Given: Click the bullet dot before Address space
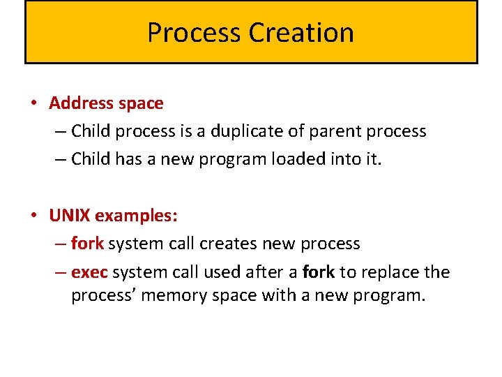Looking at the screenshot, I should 33,103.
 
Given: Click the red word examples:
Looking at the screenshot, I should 137,216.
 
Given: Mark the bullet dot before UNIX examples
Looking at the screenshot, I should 33,216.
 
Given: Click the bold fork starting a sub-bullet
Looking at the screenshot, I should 87,244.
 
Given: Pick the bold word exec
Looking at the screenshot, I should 89,272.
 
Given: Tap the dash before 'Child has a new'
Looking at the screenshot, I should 60,159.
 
